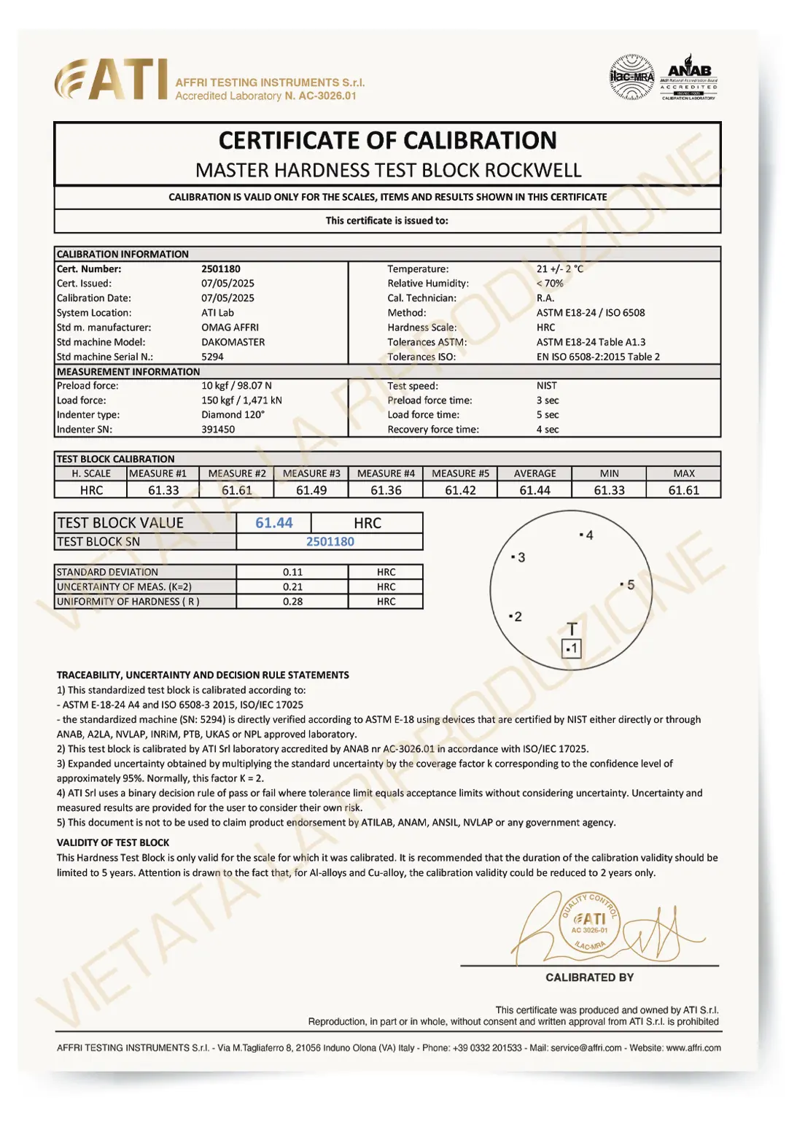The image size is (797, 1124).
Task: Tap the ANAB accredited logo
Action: pos(688,77)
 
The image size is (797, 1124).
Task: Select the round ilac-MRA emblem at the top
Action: pos(631,77)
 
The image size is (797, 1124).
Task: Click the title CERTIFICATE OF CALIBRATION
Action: pos(387,140)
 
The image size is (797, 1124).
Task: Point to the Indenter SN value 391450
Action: pos(218,430)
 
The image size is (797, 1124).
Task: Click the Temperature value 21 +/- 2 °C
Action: pos(560,269)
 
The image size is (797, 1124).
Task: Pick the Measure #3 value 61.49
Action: pos(311,490)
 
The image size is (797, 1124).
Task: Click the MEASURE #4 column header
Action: pos(386,473)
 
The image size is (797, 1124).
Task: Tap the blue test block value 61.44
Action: pos(273,523)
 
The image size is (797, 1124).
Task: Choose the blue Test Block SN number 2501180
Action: pos(330,542)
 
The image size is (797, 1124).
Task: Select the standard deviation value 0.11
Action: pos(292,573)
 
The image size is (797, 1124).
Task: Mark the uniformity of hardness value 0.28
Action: pos(292,602)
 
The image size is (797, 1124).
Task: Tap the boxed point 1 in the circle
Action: pos(572,648)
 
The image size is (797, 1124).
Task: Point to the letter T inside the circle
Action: pos(572,629)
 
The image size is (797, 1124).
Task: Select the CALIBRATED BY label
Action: pos(589,977)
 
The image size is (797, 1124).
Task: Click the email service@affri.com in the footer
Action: pos(586,1048)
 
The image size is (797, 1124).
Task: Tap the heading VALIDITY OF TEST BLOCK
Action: pos(113,842)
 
